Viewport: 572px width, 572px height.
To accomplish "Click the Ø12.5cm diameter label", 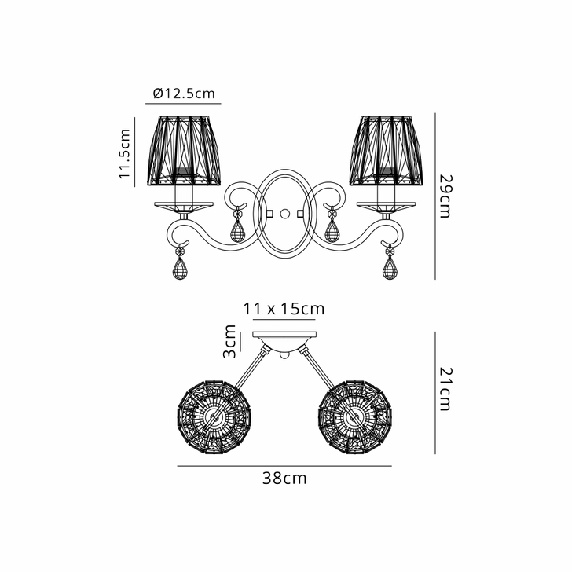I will pyautogui.click(x=185, y=93).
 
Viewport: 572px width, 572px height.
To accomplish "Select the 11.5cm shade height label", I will pyautogui.click(x=124, y=154).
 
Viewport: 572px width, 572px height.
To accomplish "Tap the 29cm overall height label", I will pyautogui.click(x=445, y=196).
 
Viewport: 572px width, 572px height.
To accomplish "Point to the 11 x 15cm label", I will pyautogui.click(x=284, y=309).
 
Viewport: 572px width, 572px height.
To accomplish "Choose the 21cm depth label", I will pyautogui.click(x=445, y=390).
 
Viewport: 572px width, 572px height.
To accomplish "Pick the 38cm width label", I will pyautogui.click(x=284, y=478).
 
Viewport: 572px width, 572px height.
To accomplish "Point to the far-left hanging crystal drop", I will pyautogui.click(x=181, y=268).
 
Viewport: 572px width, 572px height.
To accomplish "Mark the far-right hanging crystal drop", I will pyautogui.click(x=390, y=268).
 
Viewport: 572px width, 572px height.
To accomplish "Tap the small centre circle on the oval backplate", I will pyautogui.click(x=284, y=213).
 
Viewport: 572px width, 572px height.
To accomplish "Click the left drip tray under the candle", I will pyautogui.click(x=183, y=206).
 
